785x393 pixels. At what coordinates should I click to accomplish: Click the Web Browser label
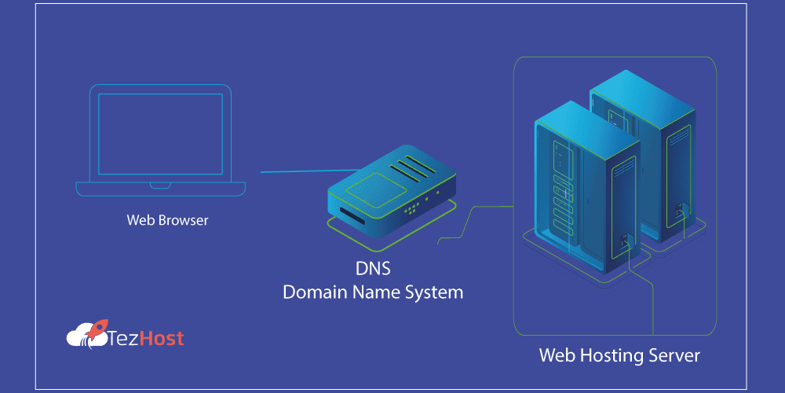[167, 220]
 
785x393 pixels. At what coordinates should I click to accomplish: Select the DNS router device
[391, 196]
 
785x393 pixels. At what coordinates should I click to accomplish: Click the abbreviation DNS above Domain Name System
[373, 269]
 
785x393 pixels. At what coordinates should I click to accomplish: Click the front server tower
[585, 189]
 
